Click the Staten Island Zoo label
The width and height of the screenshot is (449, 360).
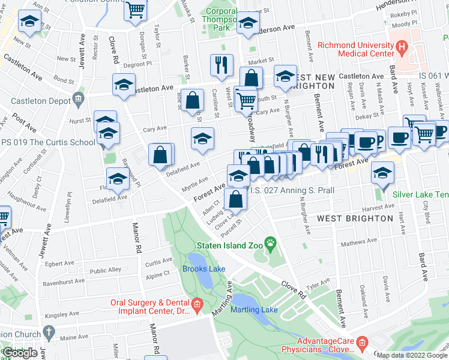[x=229, y=245]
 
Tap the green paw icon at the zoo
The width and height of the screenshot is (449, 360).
[x=271, y=244]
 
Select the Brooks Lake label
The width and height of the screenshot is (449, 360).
[x=203, y=269]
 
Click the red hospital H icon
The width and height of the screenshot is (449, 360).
[x=401, y=46]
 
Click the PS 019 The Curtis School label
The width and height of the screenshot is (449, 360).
[x=48, y=143]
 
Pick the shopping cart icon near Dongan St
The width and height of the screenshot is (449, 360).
[x=136, y=10]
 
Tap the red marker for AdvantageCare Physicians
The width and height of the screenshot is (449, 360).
[x=362, y=343]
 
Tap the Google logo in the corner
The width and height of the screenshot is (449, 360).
[x=20, y=352]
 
